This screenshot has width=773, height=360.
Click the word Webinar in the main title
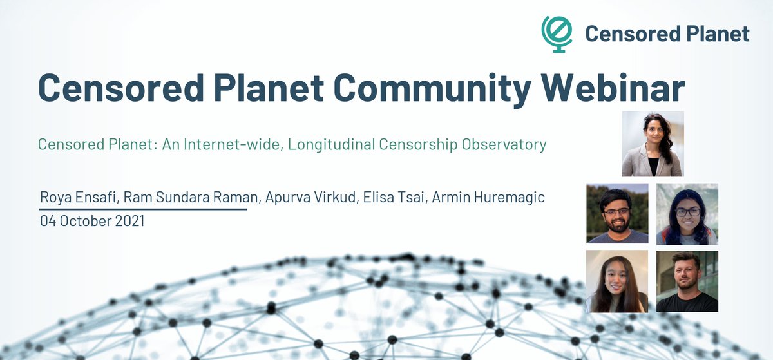pyautogui.click(x=612, y=88)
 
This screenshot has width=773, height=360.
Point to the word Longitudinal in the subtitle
pyautogui.click(x=330, y=144)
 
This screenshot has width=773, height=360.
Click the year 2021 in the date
pyautogui.click(x=128, y=221)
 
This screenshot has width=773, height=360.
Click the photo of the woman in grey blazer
pyautogui.click(x=653, y=144)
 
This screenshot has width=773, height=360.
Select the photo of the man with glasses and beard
pyautogui.click(x=617, y=213)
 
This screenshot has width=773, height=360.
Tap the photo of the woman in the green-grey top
pyautogui.click(x=687, y=214)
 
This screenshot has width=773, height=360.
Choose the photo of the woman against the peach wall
pyautogui.click(x=617, y=281)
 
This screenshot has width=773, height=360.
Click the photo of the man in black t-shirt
pyautogui.click(x=687, y=281)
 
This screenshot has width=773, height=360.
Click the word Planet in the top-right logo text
pyautogui.click(x=715, y=33)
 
